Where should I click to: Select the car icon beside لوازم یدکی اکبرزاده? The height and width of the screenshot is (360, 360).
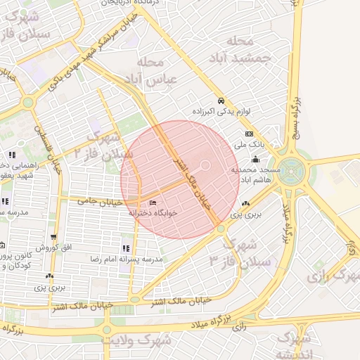(x=221, y=101)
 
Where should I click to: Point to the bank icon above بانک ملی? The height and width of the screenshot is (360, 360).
(x=248, y=134)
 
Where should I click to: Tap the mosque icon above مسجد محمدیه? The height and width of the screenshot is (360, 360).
(x=255, y=160)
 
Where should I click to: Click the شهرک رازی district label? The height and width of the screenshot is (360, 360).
(x=332, y=275)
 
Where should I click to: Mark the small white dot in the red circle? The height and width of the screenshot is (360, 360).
(x=205, y=166)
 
